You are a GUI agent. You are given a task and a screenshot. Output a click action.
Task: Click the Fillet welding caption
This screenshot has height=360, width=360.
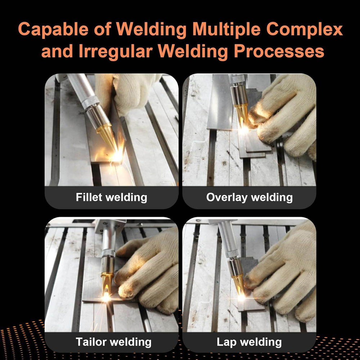pyautogui.click(x=111, y=197)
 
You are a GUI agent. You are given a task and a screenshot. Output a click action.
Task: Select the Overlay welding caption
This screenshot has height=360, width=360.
pyautogui.click(x=249, y=197)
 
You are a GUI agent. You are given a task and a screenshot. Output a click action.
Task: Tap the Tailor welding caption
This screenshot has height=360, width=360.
pyautogui.click(x=113, y=342)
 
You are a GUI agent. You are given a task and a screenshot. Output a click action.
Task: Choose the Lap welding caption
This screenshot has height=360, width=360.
pyautogui.click(x=249, y=342)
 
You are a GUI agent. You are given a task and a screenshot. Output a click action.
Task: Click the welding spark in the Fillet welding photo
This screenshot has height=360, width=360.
pyautogui.click(x=117, y=156)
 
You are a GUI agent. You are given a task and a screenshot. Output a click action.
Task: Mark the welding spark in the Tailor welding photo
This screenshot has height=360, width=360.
pyautogui.click(x=106, y=297)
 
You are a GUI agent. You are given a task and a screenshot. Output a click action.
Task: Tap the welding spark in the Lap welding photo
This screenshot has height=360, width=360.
pyautogui.click(x=240, y=297)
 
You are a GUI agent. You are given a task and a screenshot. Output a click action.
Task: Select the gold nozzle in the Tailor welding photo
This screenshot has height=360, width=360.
pyautogui.click(x=107, y=281)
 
